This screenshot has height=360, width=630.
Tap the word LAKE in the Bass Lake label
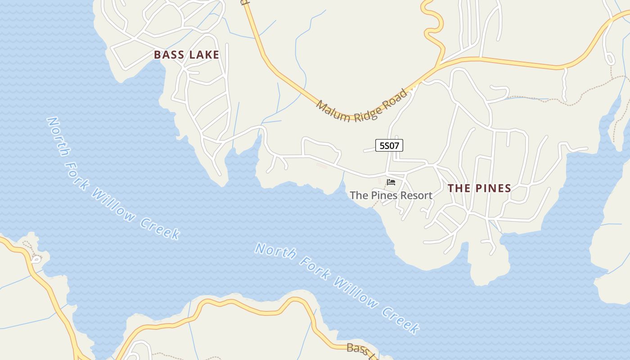click(x=204, y=55)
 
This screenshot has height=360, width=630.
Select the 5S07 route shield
click(x=389, y=145)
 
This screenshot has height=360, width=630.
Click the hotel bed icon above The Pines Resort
click(x=391, y=182)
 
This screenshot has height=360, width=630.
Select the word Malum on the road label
click(x=333, y=112)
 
